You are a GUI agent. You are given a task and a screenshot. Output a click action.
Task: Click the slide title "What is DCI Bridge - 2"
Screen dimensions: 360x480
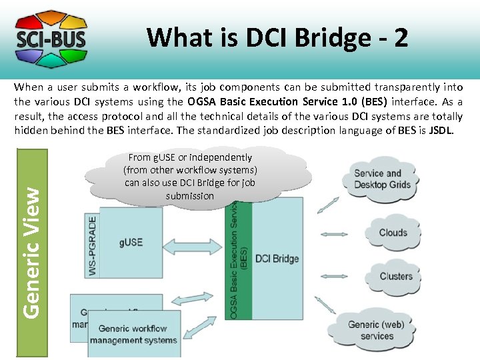pos(277,37)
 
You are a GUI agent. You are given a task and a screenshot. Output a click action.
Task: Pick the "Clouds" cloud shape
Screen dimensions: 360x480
pos(393,233)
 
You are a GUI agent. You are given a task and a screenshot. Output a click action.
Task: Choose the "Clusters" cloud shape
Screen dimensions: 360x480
pos(395,276)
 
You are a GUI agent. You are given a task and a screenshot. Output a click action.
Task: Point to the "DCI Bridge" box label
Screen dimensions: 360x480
pos(277,259)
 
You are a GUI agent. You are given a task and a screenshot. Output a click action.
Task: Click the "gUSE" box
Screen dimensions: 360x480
pos(131,242)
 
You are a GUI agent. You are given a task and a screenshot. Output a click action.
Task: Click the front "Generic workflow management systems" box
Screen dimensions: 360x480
pos(133,334)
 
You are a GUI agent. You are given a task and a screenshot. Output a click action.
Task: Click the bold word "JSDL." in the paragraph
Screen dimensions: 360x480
pos(441,131)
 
